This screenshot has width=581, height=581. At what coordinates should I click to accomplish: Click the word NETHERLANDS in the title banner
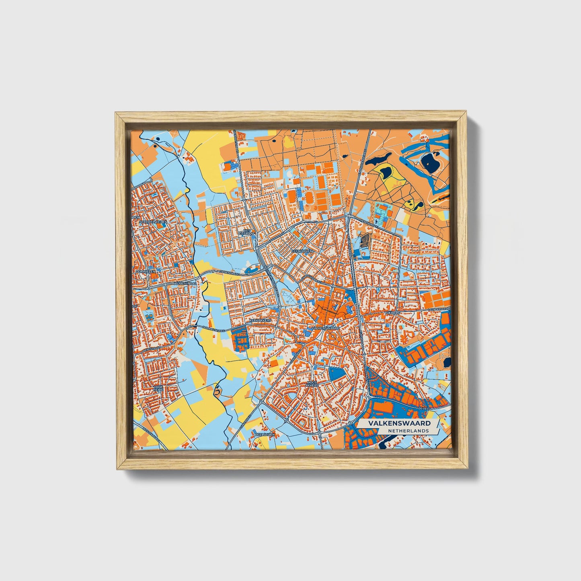click(408, 431)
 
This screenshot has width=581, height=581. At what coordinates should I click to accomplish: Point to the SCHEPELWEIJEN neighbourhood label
click(152, 222)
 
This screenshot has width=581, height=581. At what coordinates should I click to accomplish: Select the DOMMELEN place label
click(146, 272)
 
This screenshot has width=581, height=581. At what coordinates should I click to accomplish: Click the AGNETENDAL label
click(185, 283)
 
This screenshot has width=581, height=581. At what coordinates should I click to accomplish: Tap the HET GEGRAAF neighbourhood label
click(244, 232)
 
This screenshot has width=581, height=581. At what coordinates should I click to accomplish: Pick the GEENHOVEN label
click(302, 250)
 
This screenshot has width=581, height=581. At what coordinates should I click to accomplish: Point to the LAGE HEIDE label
click(158, 389)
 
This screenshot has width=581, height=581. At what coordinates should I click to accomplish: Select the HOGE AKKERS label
click(312, 384)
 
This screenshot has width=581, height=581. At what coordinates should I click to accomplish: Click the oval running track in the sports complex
click(310, 197)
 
